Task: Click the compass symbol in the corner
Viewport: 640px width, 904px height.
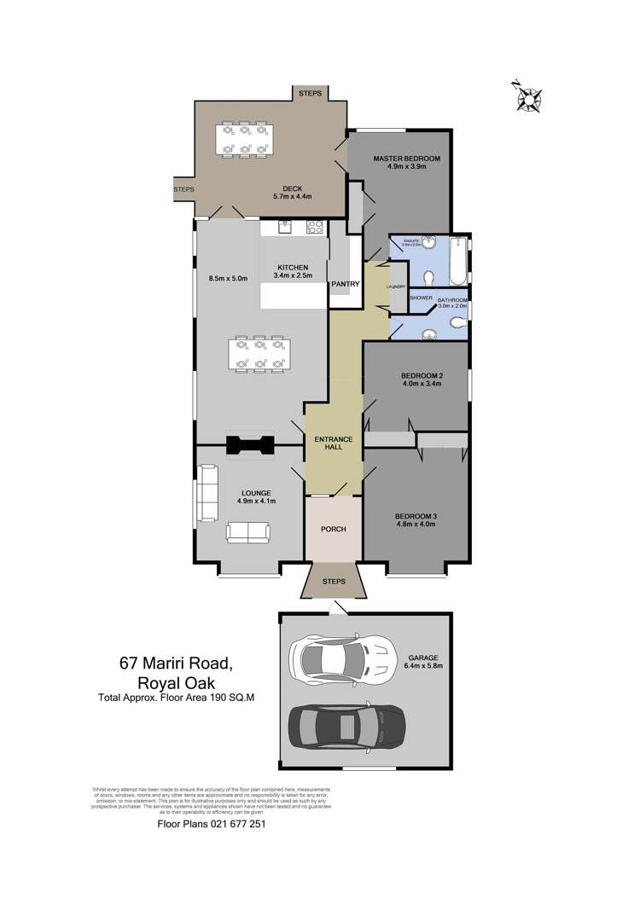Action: (528, 98)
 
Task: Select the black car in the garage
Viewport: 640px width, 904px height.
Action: (346, 727)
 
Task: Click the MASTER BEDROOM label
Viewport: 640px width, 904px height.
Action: (406, 159)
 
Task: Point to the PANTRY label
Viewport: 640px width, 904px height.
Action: (345, 283)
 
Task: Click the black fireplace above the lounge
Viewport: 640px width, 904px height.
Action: (249, 445)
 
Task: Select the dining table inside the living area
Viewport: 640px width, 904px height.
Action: (256, 355)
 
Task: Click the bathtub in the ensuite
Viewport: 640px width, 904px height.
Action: (459, 263)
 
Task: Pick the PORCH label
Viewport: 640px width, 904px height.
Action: (333, 529)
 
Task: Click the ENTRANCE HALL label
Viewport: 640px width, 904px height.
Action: (333, 443)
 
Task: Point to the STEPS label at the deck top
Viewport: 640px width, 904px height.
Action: (310, 93)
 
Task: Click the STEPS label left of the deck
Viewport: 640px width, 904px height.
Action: (183, 188)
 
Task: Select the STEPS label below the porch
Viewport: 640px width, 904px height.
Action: (334, 582)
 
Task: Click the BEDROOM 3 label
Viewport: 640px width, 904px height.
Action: (415, 516)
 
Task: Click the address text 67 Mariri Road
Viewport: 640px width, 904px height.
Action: (181, 662)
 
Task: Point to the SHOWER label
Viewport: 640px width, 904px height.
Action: (421, 298)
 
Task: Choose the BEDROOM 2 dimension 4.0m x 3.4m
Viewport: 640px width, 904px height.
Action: (421, 384)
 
